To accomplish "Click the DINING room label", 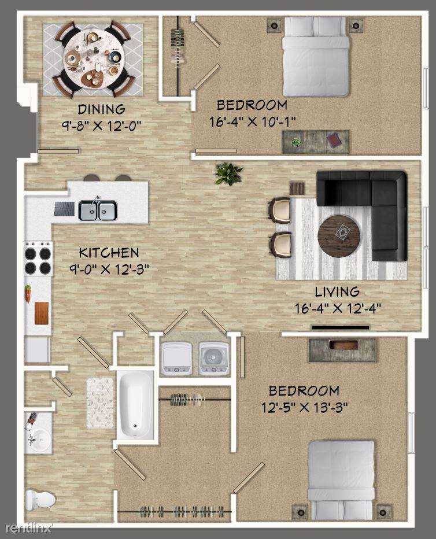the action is pos(101,109).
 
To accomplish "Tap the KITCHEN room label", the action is pos(109,253).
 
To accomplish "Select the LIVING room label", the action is pos(337,291).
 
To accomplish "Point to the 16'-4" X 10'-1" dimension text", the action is pos(253,121).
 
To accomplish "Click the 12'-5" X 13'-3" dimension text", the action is pos(305,408).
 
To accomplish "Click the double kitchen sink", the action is pos(98,211).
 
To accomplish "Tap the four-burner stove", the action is pos(38,259).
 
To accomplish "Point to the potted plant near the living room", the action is pos(228,173).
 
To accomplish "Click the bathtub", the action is pos(136,405).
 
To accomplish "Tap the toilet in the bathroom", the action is pos(40,500).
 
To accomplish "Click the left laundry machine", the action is pos(176,358).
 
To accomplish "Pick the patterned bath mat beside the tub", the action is pos(100,403).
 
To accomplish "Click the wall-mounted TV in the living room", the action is pos(341,327).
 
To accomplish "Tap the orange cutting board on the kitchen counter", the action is pos(42,313).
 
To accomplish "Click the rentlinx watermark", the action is pos(28,528).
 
